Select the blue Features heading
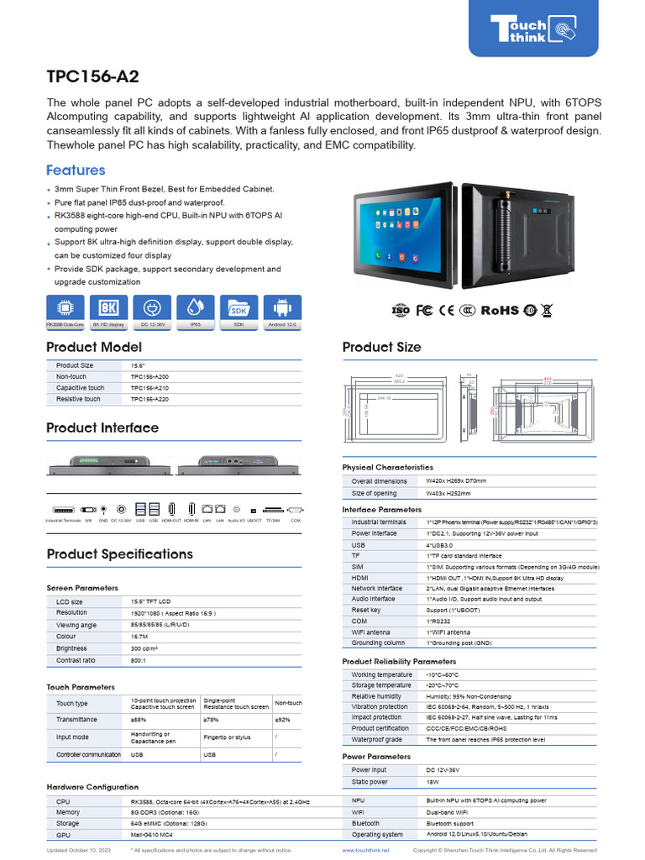[x=76, y=170]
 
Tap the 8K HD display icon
[x=107, y=308]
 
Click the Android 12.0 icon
[x=282, y=308]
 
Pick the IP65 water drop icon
[x=195, y=308]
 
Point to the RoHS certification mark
[x=500, y=311]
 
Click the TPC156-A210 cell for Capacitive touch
[x=149, y=388]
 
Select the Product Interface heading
[x=102, y=427]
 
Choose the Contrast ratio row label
[x=77, y=661]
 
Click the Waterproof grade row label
[x=377, y=740]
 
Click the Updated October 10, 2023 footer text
[x=79, y=851]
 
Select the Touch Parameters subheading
[x=81, y=687]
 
